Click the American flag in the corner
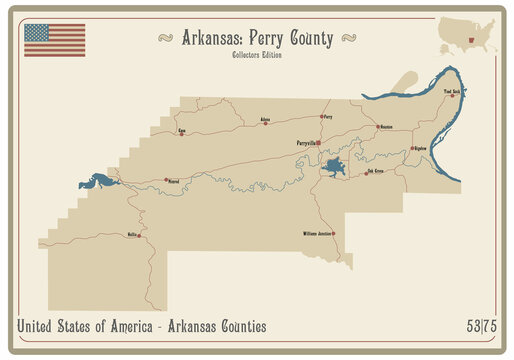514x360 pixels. [54, 40]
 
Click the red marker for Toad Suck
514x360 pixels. [452, 96]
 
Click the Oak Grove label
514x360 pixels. [375, 171]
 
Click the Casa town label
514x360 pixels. [182, 130]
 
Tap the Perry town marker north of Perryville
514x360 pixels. [321, 117]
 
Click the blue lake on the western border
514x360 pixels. [99, 182]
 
